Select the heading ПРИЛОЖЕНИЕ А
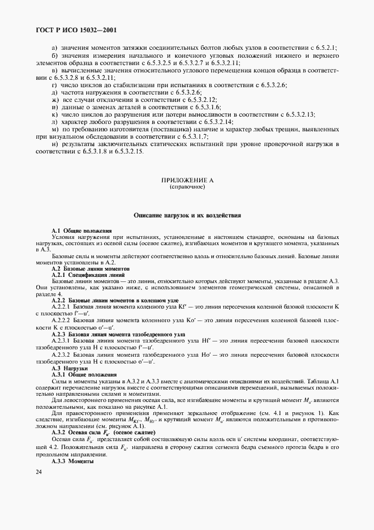[187, 180]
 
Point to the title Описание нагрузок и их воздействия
[187, 215]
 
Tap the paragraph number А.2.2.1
[65, 306]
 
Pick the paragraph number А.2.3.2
[65, 355]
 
